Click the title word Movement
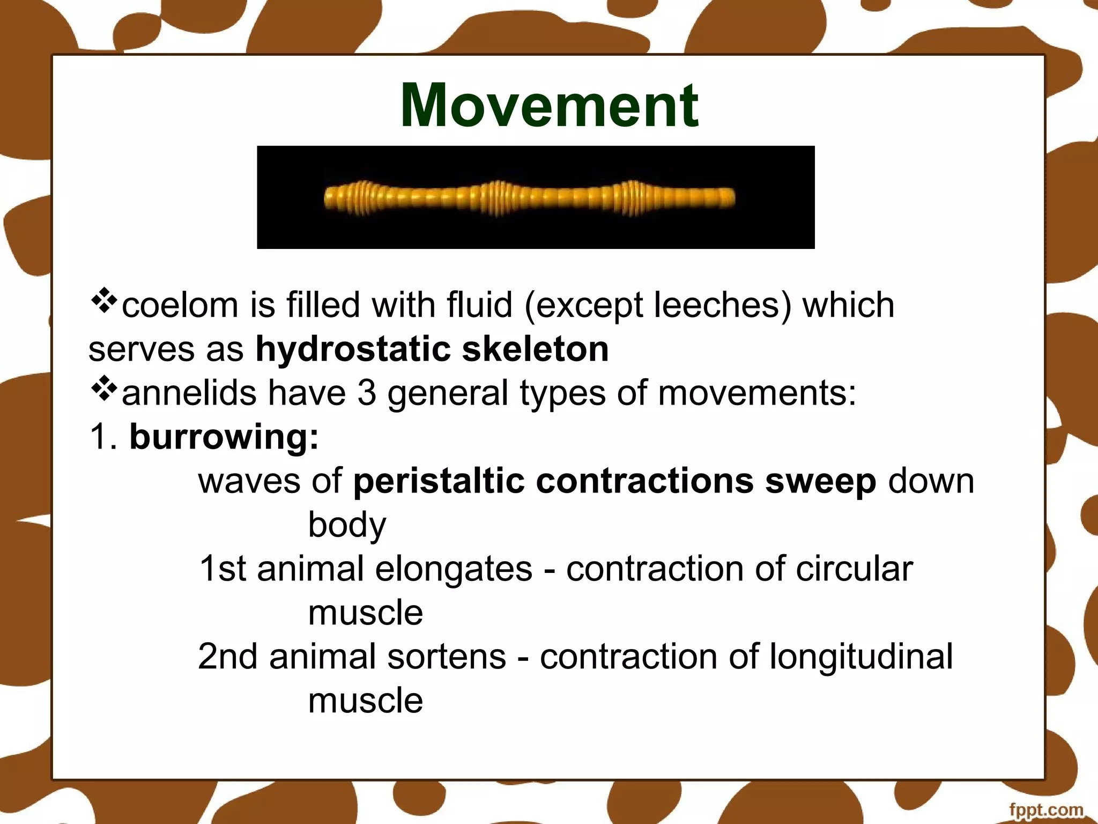(549, 106)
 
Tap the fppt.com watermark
(1045, 810)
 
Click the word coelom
(180, 305)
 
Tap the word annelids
(190, 393)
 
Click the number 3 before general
(367, 393)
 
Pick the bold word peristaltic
(439, 481)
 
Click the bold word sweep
(820, 481)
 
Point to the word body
(347, 525)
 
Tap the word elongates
(454, 569)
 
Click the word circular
(854, 569)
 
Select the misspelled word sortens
(446, 657)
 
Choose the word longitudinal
(861, 657)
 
